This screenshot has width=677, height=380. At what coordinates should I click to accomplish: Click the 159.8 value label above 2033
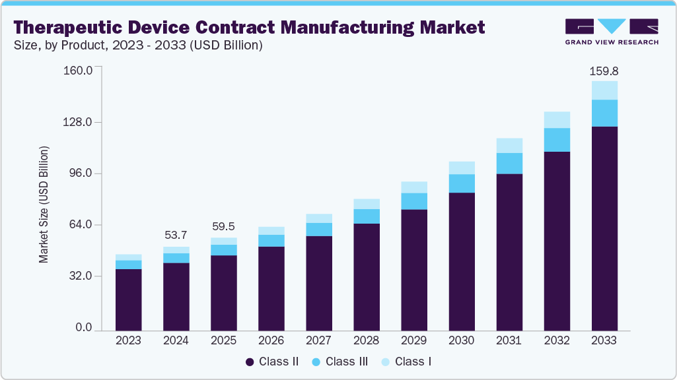(x=604, y=71)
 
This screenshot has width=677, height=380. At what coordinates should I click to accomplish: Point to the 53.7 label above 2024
(x=176, y=236)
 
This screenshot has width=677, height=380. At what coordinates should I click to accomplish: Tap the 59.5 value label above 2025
(x=223, y=226)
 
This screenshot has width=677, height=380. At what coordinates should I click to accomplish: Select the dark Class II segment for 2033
(x=604, y=228)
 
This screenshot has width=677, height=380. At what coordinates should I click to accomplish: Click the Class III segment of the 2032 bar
(x=556, y=140)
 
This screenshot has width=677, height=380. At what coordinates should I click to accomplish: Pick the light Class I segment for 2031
(x=509, y=146)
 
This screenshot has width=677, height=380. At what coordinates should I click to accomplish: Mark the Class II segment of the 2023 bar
(x=128, y=300)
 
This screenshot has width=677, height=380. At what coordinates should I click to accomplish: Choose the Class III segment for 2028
(x=366, y=216)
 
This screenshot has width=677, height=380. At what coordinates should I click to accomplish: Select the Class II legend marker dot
(x=250, y=362)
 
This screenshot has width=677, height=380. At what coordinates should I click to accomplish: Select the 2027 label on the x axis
(x=318, y=341)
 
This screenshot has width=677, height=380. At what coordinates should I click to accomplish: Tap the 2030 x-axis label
(x=461, y=341)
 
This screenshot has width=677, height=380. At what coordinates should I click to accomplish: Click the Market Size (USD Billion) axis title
(x=44, y=205)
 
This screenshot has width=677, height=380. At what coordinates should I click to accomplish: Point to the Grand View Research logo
(x=611, y=31)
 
